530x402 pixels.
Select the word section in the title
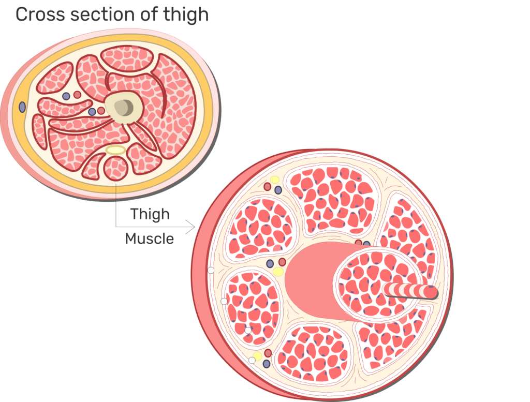click(x=92, y=14)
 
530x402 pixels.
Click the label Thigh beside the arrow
click(x=150, y=214)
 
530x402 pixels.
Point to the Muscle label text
click(x=150, y=239)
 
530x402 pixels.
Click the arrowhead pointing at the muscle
click(x=192, y=227)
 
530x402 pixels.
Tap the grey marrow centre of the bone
click(x=124, y=107)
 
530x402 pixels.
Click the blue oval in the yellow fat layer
click(x=22, y=107)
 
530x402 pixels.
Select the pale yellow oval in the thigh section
click(x=115, y=150)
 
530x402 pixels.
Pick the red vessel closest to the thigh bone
click(x=101, y=110)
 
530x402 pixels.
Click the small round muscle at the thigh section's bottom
click(x=116, y=168)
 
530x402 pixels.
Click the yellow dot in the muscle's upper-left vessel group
click(x=275, y=180)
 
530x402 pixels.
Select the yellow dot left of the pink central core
click(x=278, y=272)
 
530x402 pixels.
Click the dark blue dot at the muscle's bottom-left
click(x=267, y=364)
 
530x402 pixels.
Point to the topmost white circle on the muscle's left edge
click(x=211, y=270)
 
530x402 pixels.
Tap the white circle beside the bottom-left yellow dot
click(x=252, y=360)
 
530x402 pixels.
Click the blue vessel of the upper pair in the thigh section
click(x=66, y=96)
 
